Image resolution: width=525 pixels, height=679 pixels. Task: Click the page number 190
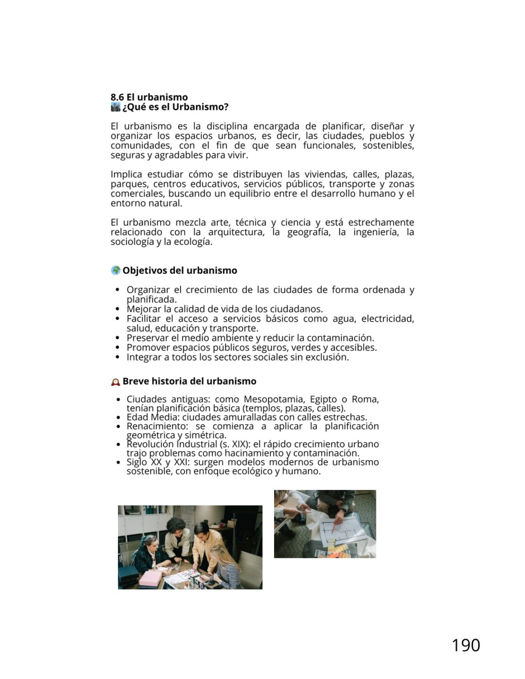(x=466, y=645)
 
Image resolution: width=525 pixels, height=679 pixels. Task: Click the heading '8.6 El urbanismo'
(x=149, y=98)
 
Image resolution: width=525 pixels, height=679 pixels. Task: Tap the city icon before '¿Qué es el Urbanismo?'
(x=115, y=107)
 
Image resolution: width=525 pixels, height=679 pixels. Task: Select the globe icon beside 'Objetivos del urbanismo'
(x=116, y=270)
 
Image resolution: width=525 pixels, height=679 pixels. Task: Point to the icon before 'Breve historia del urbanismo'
(x=116, y=381)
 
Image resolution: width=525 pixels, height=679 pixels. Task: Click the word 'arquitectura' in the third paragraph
(x=236, y=232)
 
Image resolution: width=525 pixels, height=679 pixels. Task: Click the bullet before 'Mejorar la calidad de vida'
(x=118, y=309)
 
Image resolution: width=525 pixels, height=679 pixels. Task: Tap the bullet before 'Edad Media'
(x=118, y=417)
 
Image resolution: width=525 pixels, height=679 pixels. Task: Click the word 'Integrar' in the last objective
(x=143, y=357)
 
